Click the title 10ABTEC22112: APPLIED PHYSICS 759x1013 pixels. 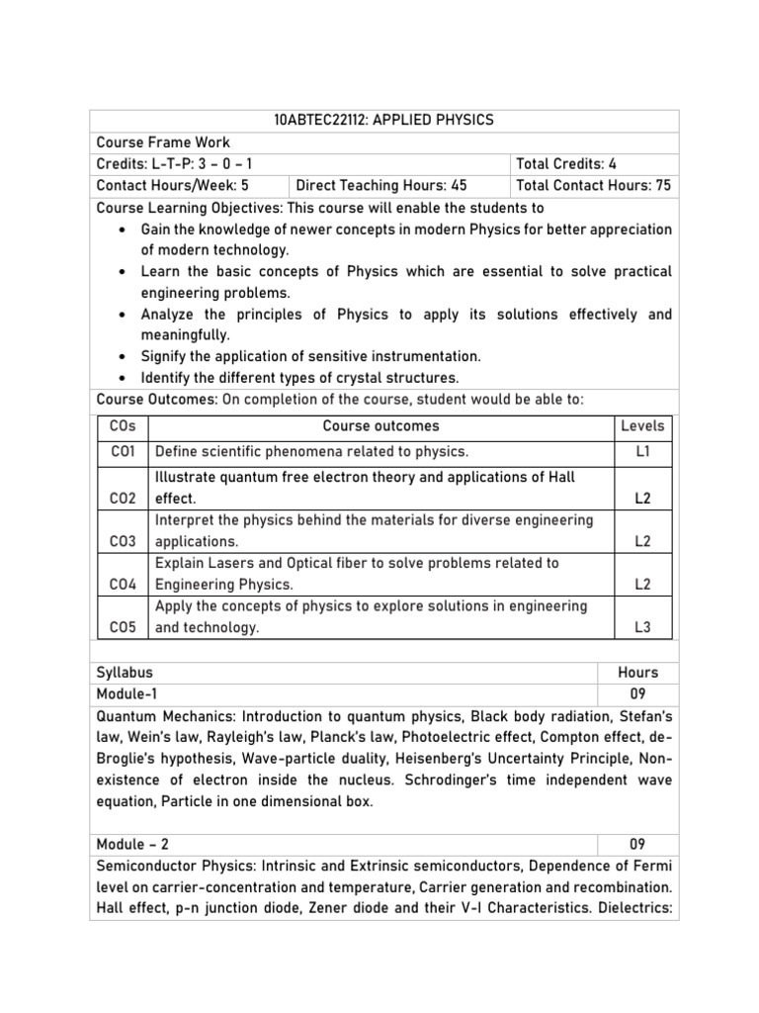(383, 121)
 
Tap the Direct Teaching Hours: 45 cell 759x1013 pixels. (381, 185)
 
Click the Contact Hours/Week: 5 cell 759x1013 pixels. (172, 185)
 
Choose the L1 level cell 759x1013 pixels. (642, 452)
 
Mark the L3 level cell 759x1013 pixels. (642, 627)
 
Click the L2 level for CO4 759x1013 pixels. (642, 585)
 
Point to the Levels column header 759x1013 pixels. (642, 426)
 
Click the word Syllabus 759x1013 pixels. (125, 672)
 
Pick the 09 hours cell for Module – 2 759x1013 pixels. (638, 845)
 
